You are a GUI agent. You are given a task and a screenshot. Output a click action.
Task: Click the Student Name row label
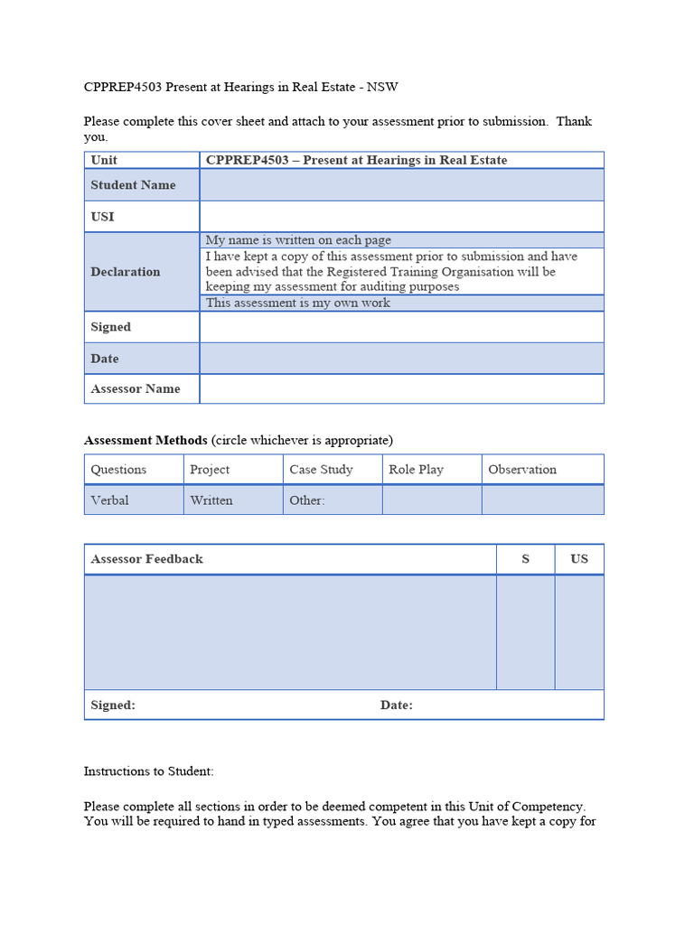coord(133,185)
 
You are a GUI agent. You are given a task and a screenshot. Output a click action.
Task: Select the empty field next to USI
coord(401,217)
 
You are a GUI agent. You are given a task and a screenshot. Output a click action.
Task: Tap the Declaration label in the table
coord(126,272)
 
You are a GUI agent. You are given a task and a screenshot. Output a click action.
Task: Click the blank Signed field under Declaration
coord(401,327)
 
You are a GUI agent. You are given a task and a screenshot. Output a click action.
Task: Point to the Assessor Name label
coord(136,389)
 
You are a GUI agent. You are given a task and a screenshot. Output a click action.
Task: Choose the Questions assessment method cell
coord(118,470)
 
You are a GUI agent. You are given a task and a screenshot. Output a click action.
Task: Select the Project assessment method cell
coord(210,470)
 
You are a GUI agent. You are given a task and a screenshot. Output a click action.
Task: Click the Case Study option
coord(321,470)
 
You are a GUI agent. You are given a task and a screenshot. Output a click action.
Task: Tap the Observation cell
coord(522,470)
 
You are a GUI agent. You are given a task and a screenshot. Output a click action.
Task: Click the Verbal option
coord(109,500)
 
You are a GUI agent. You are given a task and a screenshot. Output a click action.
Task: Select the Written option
coord(211,500)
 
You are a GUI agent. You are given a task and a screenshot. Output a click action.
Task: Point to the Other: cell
coord(307,500)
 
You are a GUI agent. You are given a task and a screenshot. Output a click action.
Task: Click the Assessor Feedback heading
coord(146,559)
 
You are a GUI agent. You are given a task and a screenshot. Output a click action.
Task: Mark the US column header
coord(579,559)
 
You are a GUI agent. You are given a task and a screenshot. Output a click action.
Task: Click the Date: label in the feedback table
coord(397,705)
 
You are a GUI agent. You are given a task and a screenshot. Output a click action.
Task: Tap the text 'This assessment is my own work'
coord(298,304)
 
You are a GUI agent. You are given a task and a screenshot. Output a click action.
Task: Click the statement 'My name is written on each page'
coord(298,240)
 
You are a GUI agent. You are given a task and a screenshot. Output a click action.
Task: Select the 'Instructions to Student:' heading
coord(149,771)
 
